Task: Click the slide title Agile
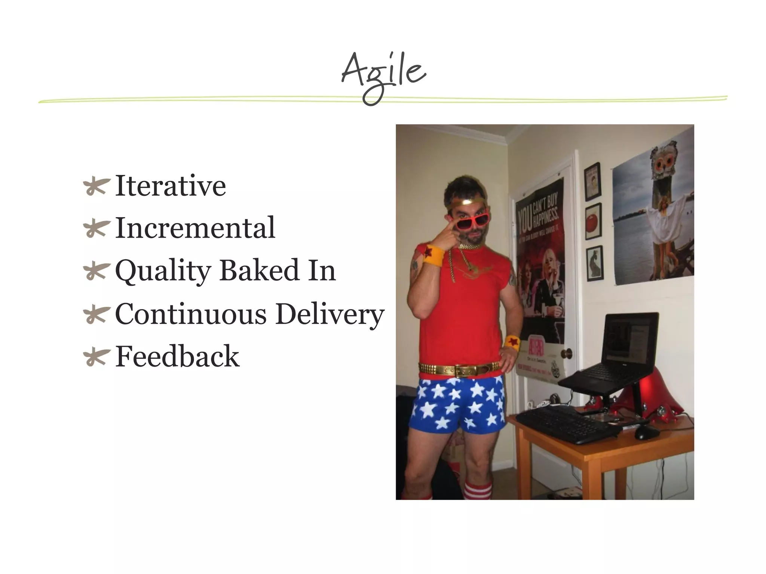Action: [383, 73]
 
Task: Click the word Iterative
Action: [171, 186]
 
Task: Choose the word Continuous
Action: [191, 314]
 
